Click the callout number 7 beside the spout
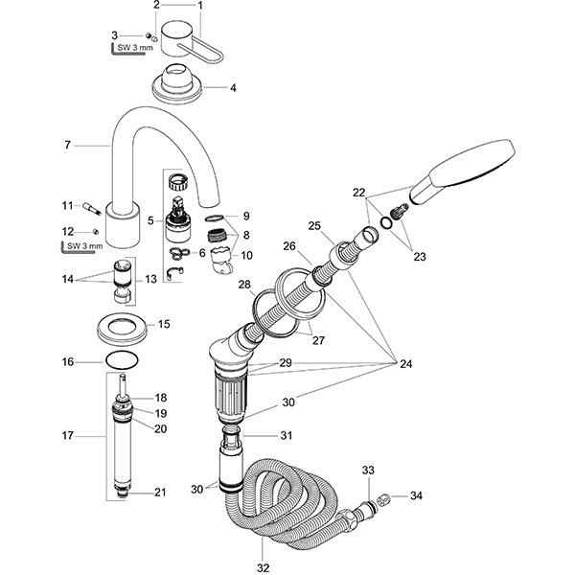pos(67,145)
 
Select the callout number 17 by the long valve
pos(67,436)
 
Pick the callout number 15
pos(163,325)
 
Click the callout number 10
pos(247,256)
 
